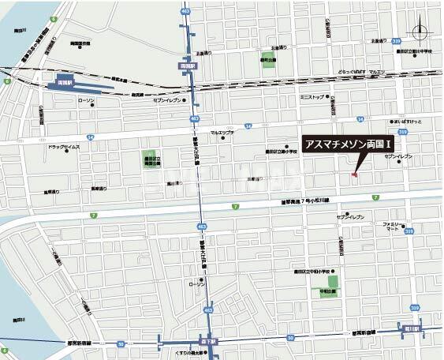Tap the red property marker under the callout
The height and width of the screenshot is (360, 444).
tap(354, 174)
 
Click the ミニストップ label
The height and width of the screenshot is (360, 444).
tap(312, 98)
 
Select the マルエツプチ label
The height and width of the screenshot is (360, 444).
tap(222, 133)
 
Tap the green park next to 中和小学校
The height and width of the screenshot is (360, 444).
tap(333, 279)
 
